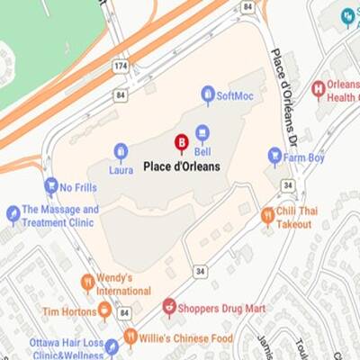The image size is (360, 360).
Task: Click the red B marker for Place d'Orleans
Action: click(181, 142)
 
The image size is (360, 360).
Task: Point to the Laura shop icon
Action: click(121, 150)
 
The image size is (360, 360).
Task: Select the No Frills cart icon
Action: click(51, 186)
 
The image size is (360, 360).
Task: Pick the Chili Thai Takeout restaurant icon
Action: click(267, 215)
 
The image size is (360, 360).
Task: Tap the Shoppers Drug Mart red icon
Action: click(169, 308)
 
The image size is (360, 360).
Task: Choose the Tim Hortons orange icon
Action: click(104, 310)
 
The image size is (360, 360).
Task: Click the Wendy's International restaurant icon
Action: click(87, 283)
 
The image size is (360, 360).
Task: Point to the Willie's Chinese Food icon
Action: click(130, 337)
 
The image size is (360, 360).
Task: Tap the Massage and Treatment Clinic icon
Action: click(13, 213)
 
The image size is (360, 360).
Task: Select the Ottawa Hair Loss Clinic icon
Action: click(112, 346)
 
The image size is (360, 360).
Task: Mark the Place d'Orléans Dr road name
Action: click(282, 90)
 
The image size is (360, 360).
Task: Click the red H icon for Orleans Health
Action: click(318, 89)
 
